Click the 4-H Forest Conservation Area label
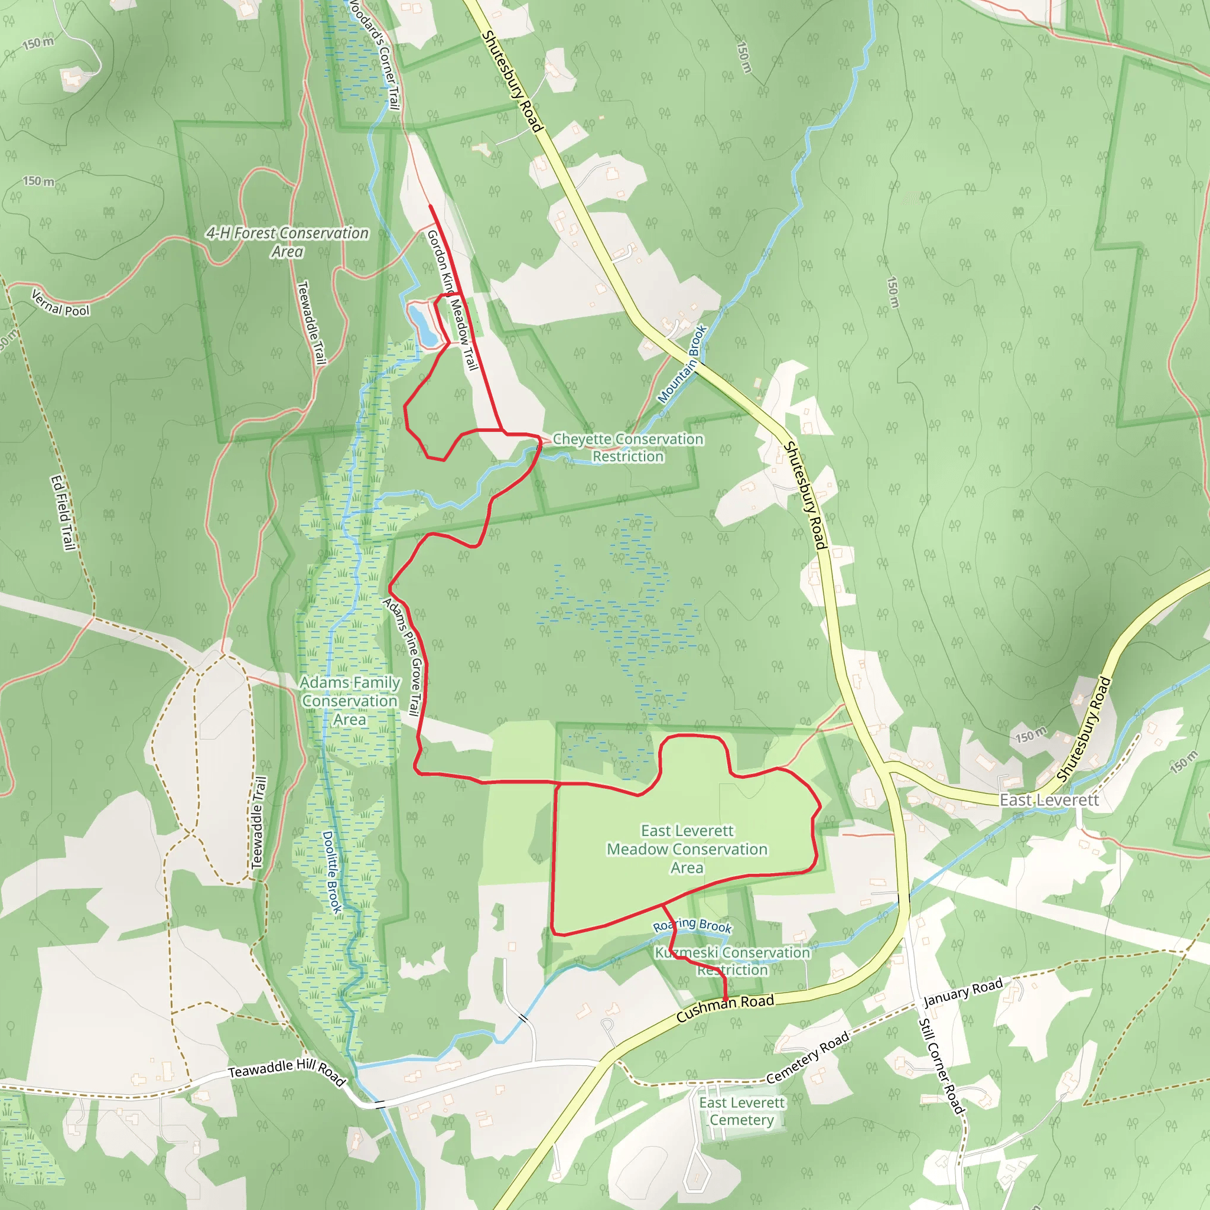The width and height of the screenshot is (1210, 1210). point(288,242)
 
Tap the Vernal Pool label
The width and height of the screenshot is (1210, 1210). point(61,303)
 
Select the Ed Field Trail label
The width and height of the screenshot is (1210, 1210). point(63,513)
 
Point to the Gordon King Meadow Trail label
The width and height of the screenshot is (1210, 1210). point(452,300)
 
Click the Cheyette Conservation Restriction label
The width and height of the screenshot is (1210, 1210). point(627,448)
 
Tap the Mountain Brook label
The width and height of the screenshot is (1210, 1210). point(682,364)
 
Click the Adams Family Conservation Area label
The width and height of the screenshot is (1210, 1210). point(350,701)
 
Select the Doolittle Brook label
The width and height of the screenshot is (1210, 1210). point(333,871)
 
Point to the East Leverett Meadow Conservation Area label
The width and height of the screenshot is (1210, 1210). point(687,848)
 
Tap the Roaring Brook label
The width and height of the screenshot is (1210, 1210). point(692,925)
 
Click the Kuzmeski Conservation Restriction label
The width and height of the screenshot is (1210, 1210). point(732,961)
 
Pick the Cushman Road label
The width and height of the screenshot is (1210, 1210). point(726,1008)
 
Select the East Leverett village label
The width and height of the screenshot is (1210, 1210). point(1049,801)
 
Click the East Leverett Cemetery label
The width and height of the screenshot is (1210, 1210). point(741,1111)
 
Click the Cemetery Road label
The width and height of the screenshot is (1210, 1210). point(807,1057)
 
